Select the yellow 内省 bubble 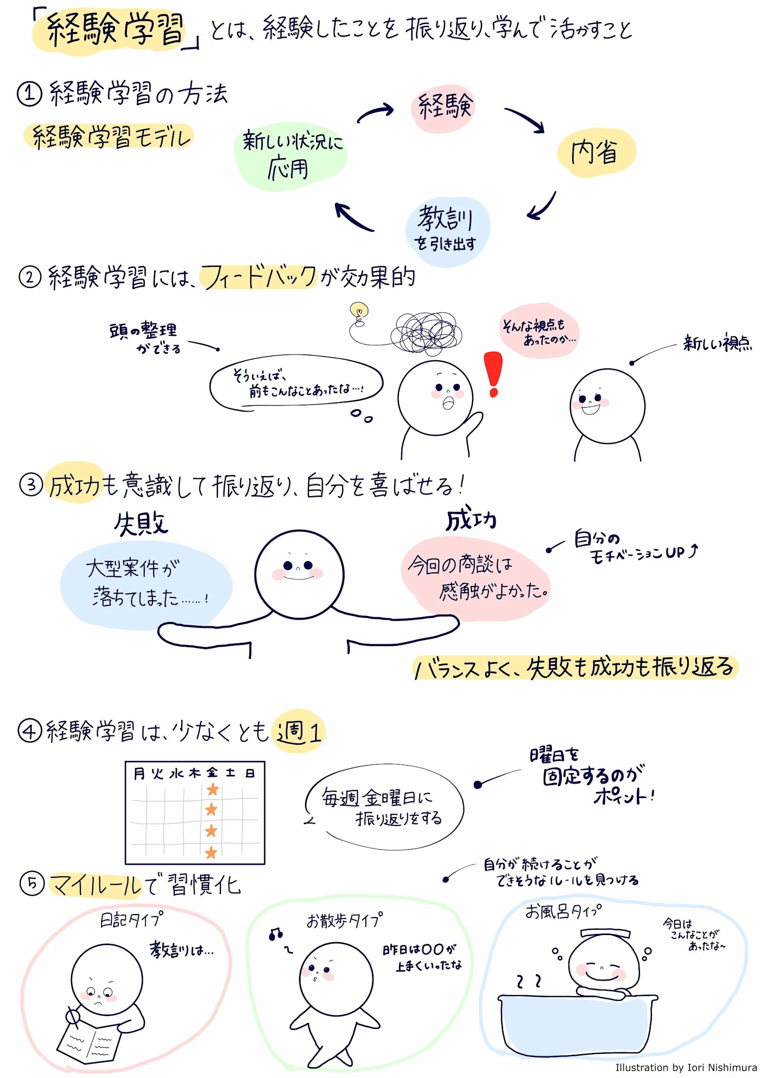coord(595,152)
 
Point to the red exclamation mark coord(493,374)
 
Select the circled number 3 coord(31,485)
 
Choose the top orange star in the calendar coord(213,789)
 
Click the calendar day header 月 coord(139,774)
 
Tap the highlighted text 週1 coord(298,732)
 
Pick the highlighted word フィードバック coord(258,277)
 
